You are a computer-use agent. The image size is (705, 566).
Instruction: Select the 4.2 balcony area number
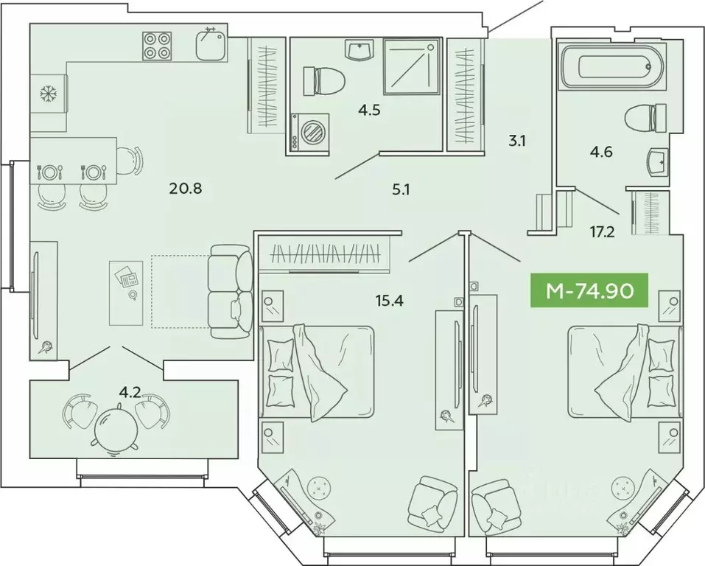point(130,392)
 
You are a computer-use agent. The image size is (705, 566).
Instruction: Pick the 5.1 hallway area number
point(401,189)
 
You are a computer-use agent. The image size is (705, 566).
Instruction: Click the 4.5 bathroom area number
point(370,111)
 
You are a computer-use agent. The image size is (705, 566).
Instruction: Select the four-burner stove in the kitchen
point(155,45)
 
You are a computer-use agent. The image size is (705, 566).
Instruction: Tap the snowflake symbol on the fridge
point(49,94)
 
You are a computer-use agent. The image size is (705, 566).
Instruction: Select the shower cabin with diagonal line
point(410,67)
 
